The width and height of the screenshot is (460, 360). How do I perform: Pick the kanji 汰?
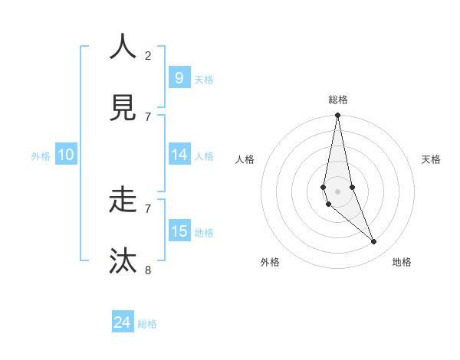[x=123, y=260]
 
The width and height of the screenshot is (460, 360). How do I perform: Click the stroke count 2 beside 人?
[x=148, y=55]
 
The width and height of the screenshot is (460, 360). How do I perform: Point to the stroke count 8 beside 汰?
[x=148, y=270]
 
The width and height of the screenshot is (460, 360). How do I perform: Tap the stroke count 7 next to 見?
[x=148, y=116]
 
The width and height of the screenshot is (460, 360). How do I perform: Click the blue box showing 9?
[x=179, y=77]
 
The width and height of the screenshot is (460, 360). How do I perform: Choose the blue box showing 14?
[x=179, y=155]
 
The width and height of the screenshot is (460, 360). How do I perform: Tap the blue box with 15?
[x=179, y=231]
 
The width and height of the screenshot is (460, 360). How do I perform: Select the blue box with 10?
[x=66, y=155]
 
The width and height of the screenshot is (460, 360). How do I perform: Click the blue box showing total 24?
[x=123, y=322]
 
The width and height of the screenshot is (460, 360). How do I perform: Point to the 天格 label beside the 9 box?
[x=204, y=79]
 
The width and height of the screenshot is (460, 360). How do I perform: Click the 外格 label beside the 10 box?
[x=41, y=155]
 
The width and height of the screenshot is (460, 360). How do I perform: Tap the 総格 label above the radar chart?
[x=337, y=100]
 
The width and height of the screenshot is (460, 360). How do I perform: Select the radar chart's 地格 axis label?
[x=402, y=262]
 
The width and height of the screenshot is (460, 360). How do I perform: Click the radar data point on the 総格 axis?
[x=337, y=116]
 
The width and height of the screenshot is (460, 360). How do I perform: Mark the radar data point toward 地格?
[x=374, y=241]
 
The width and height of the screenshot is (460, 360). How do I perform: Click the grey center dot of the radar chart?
[x=337, y=191]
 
